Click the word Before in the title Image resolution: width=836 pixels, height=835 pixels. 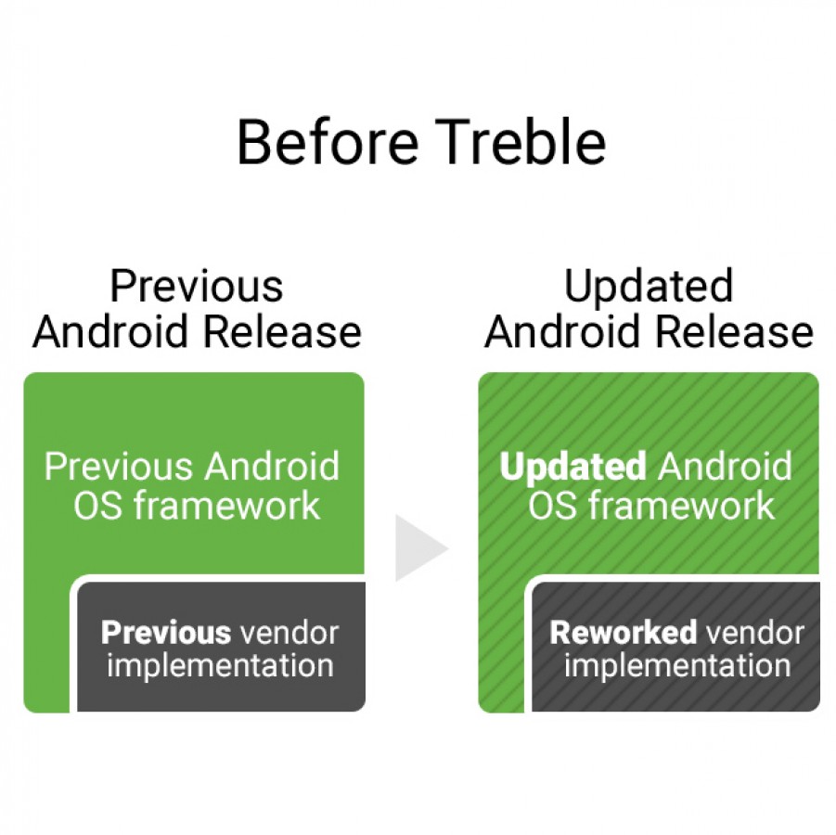coord(328,142)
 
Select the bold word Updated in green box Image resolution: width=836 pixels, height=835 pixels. coord(573,466)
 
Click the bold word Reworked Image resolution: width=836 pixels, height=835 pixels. coord(623,633)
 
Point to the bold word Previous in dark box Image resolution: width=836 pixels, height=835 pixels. coord(166,633)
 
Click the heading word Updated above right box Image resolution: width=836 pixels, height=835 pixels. coord(649,288)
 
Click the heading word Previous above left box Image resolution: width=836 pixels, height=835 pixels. coord(196,286)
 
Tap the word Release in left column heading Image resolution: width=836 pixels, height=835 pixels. coord(283,331)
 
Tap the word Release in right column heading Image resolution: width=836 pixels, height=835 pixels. coord(734,331)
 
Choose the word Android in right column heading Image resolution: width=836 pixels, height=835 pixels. coord(562,331)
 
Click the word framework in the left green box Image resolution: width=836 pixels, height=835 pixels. coord(227,505)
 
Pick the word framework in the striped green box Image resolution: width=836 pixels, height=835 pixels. coord(682,505)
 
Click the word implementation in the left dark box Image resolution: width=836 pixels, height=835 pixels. coord(220,666)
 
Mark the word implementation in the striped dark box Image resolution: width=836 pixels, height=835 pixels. coord(677,666)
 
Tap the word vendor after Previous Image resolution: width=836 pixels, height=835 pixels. coord(289,633)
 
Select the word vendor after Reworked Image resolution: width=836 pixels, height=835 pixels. coord(755,633)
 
